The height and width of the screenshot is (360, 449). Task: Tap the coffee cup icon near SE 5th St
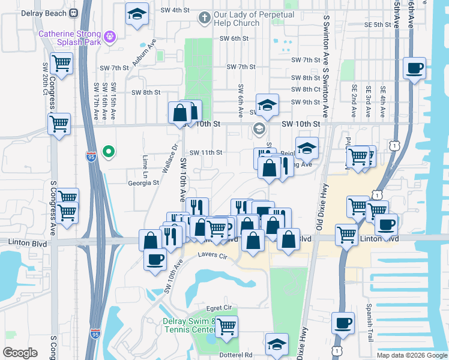pos(414,68)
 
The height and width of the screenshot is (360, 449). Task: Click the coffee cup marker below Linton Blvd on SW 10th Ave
pos(155,259)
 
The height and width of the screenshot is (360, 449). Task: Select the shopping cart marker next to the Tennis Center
pos(226,326)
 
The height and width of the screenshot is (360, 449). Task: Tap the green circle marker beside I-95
pos(109,152)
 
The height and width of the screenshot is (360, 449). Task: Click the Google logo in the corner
pos(19,353)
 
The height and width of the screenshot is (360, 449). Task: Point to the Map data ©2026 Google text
pos(411,355)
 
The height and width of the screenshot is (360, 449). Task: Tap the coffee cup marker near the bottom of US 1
pos(343,323)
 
